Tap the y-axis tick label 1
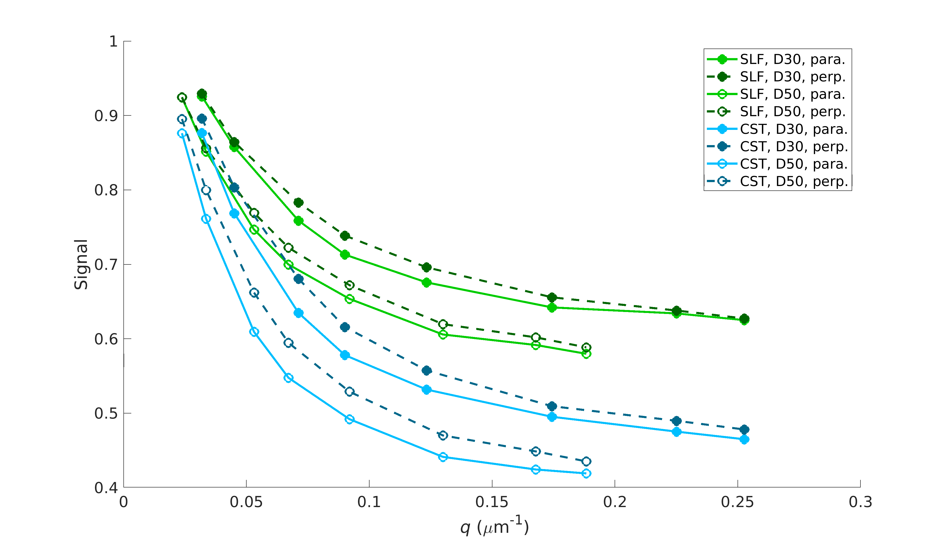[x=113, y=42]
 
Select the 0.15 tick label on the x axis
[x=492, y=502]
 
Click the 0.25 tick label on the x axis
[x=737, y=502]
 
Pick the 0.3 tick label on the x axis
[x=860, y=502]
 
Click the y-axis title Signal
[x=81, y=264]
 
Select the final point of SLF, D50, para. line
[x=586, y=354]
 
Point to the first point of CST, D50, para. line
[x=182, y=133]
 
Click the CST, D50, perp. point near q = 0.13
[x=443, y=436]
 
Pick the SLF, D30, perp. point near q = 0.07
[x=298, y=202]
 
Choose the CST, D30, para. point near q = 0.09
[x=345, y=355]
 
